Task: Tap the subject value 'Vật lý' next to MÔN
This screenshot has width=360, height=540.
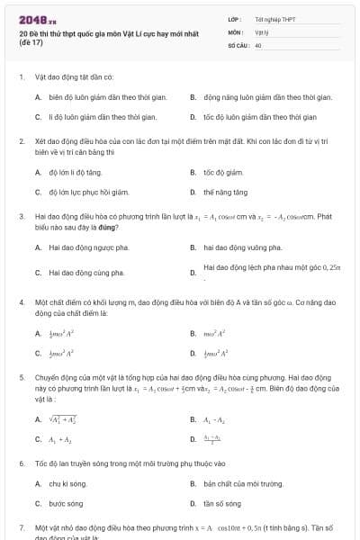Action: (x=261, y=31)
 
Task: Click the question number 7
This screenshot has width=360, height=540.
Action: (x=21, y=525)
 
